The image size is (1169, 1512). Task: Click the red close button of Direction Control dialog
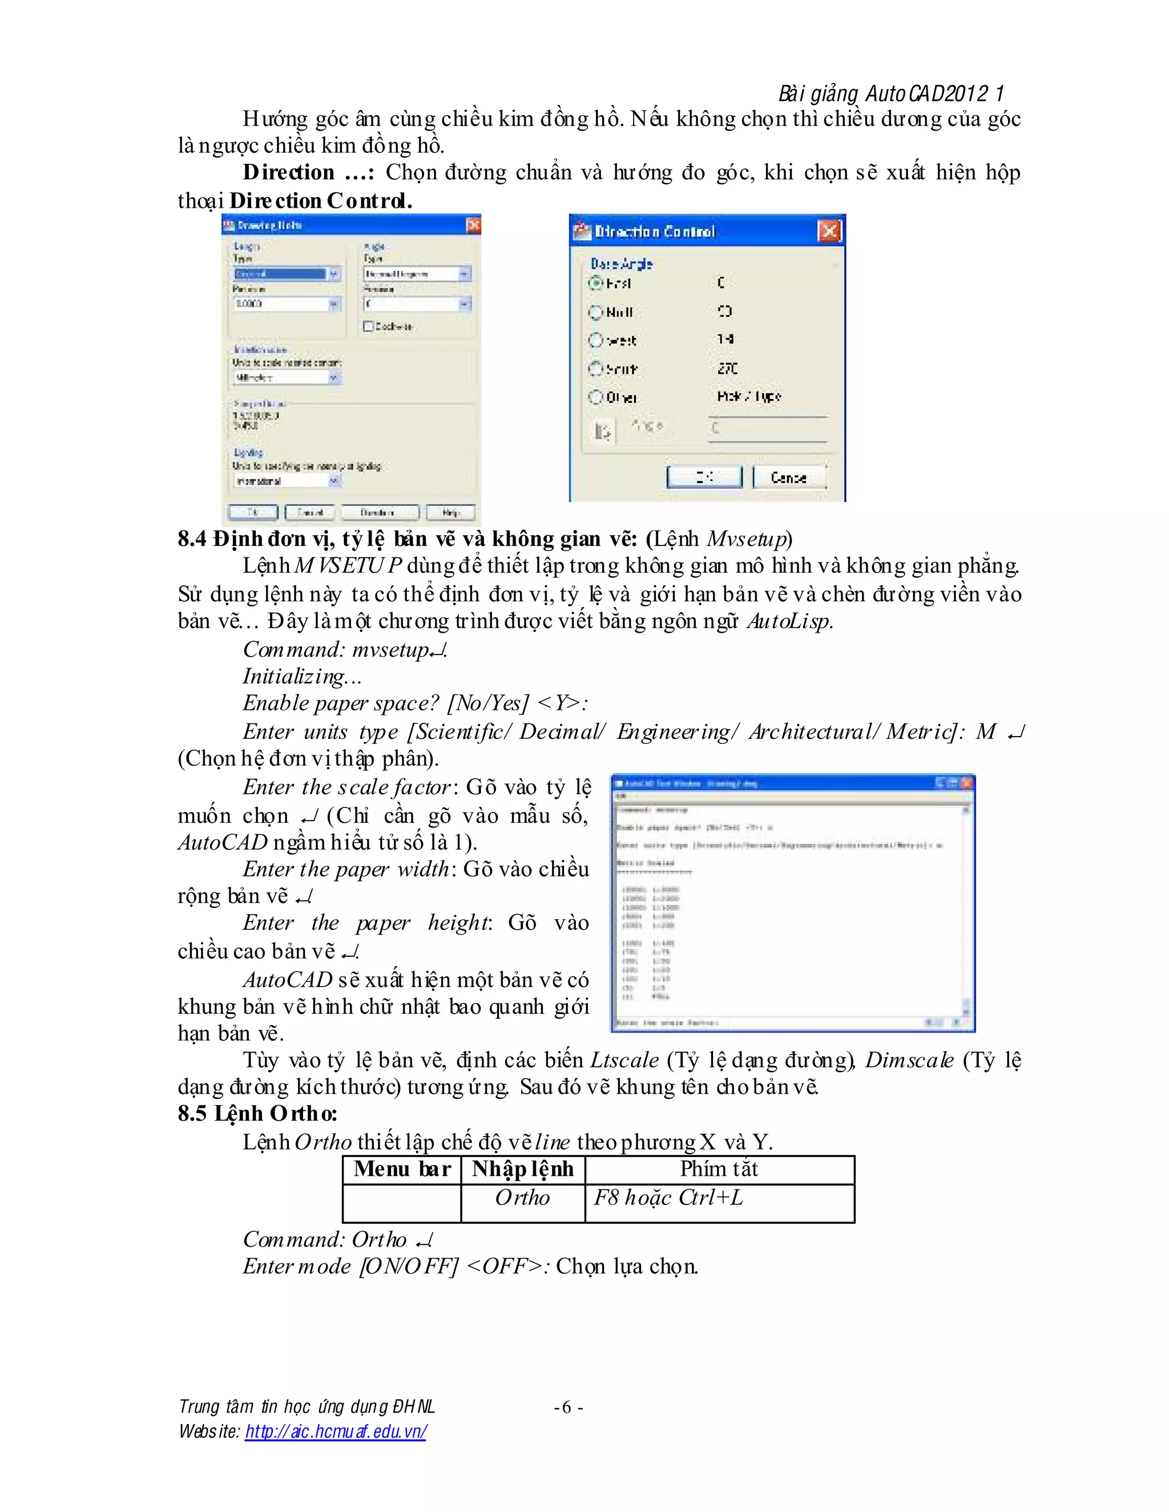coord(829,231)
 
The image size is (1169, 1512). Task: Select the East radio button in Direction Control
coord(595,283)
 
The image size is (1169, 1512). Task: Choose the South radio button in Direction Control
coord(595,369)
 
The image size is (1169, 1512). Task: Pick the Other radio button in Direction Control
coord(595,397)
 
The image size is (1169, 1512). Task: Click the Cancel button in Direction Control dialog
coord(789,478)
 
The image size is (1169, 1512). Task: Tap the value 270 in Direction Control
coord(727,369)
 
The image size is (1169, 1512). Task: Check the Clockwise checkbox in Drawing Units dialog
coord(368,326)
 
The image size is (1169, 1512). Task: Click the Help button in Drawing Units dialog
coord(450,512)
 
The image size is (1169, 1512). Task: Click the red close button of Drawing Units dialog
coord(473,225)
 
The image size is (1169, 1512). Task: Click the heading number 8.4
coord(192,539)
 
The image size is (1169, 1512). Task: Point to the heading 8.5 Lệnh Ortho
coord(257,1113)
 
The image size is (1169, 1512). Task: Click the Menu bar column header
coord(402,1169)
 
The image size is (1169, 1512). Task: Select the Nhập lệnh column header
coord(523,1169)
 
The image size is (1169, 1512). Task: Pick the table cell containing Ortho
coord(522,1198)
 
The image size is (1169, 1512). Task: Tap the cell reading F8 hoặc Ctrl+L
coord(668,1198)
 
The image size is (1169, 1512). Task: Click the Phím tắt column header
coord(719,1169)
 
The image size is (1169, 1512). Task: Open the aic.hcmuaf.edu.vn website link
coord(336,1431)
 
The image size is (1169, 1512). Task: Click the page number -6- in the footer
coord(568,1408)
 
